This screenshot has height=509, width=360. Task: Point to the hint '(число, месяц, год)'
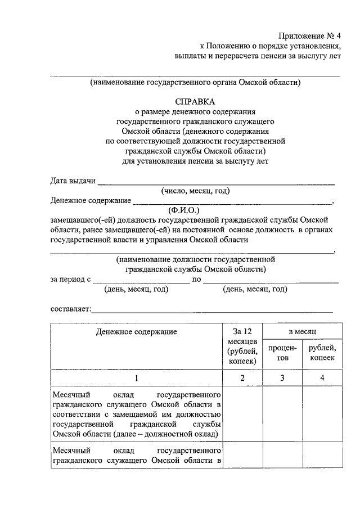(195, 191)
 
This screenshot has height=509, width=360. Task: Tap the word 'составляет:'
(70, 309)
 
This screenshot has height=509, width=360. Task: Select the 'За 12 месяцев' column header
(242, 345)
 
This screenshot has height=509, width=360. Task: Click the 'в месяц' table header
(303, 331)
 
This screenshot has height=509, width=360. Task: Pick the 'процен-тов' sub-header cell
(283, 353)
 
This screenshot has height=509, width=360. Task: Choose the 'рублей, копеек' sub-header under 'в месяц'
(322, 353)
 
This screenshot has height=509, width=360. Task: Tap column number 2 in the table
(242, 378)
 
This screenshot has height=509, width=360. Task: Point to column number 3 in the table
(283, 378)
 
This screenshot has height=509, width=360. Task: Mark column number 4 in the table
(322, 378)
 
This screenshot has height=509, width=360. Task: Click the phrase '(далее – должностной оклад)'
(167, 434)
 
